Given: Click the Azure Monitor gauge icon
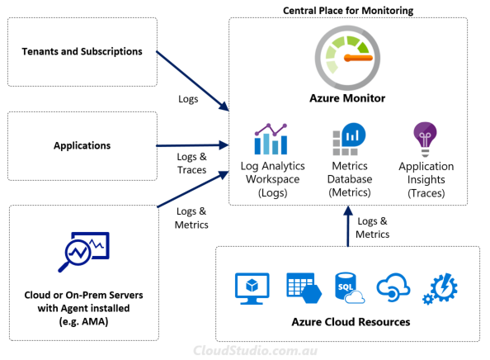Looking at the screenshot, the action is [x=347, y=58].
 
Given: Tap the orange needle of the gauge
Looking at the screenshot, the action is [x=358, y=58].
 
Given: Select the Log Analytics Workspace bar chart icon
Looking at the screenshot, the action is [x=271, y=140].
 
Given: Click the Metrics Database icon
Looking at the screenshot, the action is [x=349, y=140].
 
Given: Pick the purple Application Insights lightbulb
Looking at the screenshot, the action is [x=425, y=140].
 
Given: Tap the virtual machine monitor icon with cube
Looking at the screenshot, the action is [x=252, y=288].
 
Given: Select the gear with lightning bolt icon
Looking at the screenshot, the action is [x=440, y=288].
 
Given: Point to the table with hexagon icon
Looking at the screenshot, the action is [x=304, y=288].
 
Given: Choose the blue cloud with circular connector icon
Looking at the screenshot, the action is [x=393, y=287].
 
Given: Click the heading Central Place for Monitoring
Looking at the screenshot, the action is [x=348, y=11].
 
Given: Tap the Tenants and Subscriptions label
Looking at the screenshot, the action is [x=82, y=51].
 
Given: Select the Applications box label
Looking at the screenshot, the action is [x=82, y=145].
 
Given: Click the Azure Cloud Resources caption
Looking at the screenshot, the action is [x=351, y=322].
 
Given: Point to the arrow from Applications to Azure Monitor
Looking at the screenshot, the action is [x=192, y=145].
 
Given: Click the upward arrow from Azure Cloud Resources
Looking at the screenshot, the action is [x=348, y=226].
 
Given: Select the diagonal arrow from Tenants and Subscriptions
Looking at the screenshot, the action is [x=192, y=81].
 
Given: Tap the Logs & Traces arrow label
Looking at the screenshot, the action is [x=192, y=163].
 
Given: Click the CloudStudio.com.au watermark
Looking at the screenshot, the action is [x=256, y=351].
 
